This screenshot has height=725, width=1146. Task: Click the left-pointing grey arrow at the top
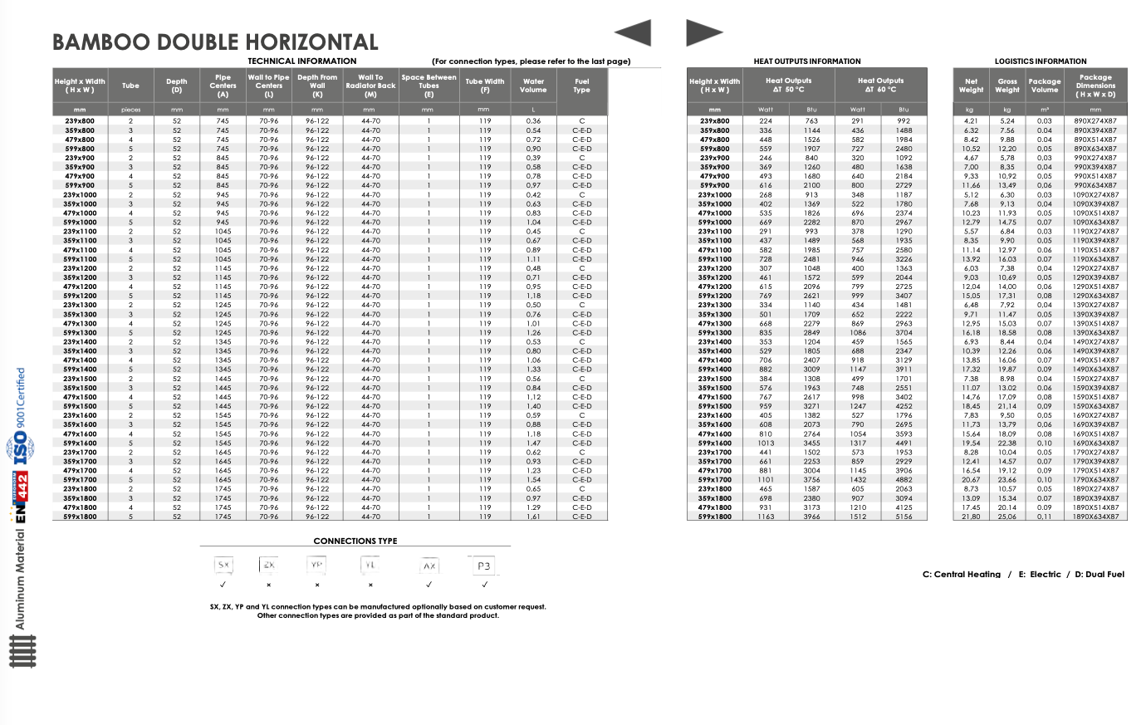click(634, 33)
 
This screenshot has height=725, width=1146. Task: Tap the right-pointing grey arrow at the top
click(703, 33)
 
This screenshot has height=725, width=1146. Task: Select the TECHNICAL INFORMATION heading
click(302, 61)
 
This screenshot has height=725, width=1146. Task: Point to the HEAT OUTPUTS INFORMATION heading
click(807, 61)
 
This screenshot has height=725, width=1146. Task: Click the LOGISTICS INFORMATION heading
click(1041, 61)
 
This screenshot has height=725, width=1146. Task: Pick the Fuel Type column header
click(581, 86)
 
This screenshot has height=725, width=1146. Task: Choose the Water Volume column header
click(533, 86)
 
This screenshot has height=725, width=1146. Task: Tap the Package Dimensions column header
click(1095, 86)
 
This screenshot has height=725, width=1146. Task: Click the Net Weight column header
click(971, 86)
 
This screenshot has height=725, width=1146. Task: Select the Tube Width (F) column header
click(485, 86)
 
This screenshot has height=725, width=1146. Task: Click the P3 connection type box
click(484, 566)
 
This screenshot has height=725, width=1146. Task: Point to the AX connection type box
click(429, 566)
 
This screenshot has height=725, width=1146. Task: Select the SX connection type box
click(223, 565)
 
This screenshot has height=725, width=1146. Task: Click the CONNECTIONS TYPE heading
click(355, 541)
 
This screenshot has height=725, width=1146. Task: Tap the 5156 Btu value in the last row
click(904, 517)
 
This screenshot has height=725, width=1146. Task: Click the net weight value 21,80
click(971, 517)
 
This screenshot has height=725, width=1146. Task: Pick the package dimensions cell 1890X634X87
click(1095, 517)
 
